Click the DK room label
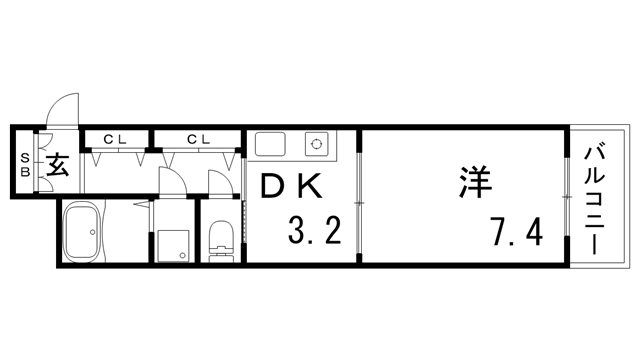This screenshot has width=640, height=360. click(290, 186)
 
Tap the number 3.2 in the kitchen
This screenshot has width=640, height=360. click(314, 230)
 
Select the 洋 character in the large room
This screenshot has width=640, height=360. click(476, 182)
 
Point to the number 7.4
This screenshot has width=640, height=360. click(518, 231)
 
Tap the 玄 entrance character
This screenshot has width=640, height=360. click(57, 164)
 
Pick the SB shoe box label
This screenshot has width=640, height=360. click(25, 164)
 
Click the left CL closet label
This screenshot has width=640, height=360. click(115, 140)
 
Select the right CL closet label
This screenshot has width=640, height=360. click(198, 140)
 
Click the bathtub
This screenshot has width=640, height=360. click(82, 231)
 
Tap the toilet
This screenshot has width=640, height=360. click(221, 240)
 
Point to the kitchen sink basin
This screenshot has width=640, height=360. click(270, 144)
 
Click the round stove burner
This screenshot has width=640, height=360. click(316, 144)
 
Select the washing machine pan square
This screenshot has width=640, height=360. click(173, 246)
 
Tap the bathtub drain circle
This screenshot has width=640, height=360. click(93, 232)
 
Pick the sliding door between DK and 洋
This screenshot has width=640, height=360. click(359, 203)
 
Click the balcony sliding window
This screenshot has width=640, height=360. click(567, 197)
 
